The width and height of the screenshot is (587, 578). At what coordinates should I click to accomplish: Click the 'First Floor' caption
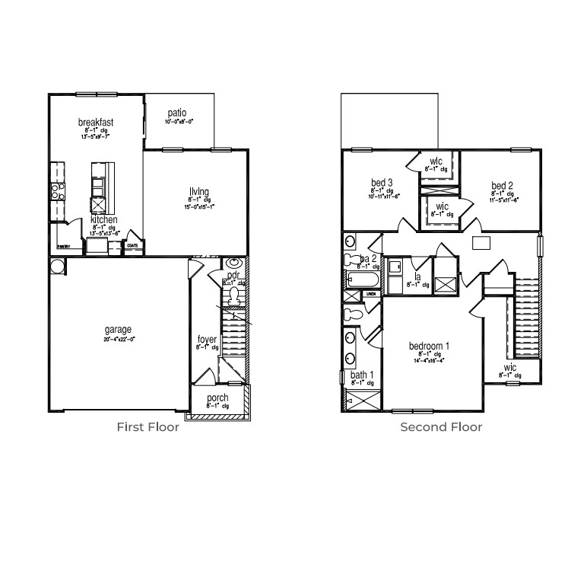(x=148, y=427)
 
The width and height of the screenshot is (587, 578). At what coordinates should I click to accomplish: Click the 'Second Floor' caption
(x=441, y=427)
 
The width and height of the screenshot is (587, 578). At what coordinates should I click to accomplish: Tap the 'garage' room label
(x=118, y=330)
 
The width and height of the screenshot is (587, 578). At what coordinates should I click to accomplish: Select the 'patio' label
(x=177, y=113)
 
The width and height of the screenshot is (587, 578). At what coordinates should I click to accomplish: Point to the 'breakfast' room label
(x=96, y=122)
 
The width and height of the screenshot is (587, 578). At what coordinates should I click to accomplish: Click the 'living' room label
(x=200, y=191)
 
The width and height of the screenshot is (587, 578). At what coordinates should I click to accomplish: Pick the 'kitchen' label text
(x=104, y=219)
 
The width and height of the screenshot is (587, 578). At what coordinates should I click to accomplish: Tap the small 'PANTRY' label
(x=63, y=247)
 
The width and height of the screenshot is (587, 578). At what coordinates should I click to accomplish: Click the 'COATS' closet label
(x=132, y=246)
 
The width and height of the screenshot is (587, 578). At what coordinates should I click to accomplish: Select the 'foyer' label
(x=208, y=339)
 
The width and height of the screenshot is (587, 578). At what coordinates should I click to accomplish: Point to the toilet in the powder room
(x=234, y=293)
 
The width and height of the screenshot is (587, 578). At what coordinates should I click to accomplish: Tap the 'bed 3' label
(x=382, y=183)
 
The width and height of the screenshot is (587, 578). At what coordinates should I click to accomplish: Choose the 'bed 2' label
(x=502, y=186)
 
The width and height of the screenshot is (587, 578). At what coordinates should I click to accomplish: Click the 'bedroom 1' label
(x=430, y=346)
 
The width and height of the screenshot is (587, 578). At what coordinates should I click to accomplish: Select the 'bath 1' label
(x=361, y=375)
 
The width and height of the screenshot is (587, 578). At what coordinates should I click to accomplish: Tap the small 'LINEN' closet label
(x=372, y=293)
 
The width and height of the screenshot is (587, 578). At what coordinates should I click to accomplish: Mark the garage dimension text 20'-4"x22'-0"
(x=118, y=340)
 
